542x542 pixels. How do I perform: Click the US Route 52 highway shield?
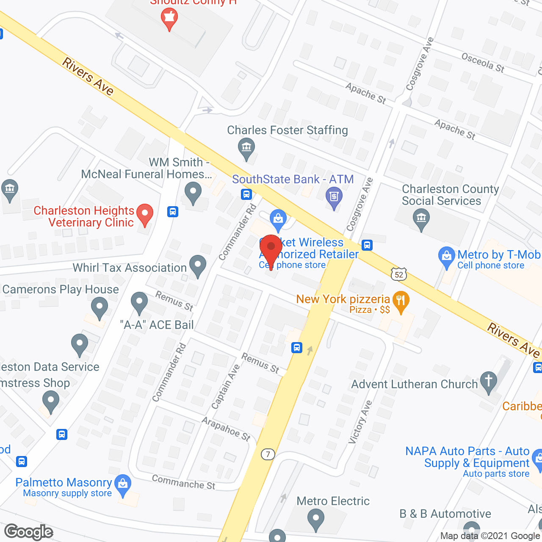coord(399,274)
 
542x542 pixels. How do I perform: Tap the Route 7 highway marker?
coord(268,454)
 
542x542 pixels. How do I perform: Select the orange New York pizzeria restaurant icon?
coord(401,300)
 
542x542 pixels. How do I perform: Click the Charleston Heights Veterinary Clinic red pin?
coord(145,214)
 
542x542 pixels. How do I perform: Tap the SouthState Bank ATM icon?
coord(334,197)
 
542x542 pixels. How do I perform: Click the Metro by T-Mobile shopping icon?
coord(447,257)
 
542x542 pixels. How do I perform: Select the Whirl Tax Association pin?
coord(197,265)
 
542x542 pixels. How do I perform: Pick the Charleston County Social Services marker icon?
coord(421,220)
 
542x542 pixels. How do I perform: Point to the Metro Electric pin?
coord(315,519)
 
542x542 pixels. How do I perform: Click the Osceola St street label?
coord(483,63)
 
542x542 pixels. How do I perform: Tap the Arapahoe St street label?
coord(226,429)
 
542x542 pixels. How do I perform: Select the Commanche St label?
coord(183,482)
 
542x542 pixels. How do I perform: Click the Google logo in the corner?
coord(29,532)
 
